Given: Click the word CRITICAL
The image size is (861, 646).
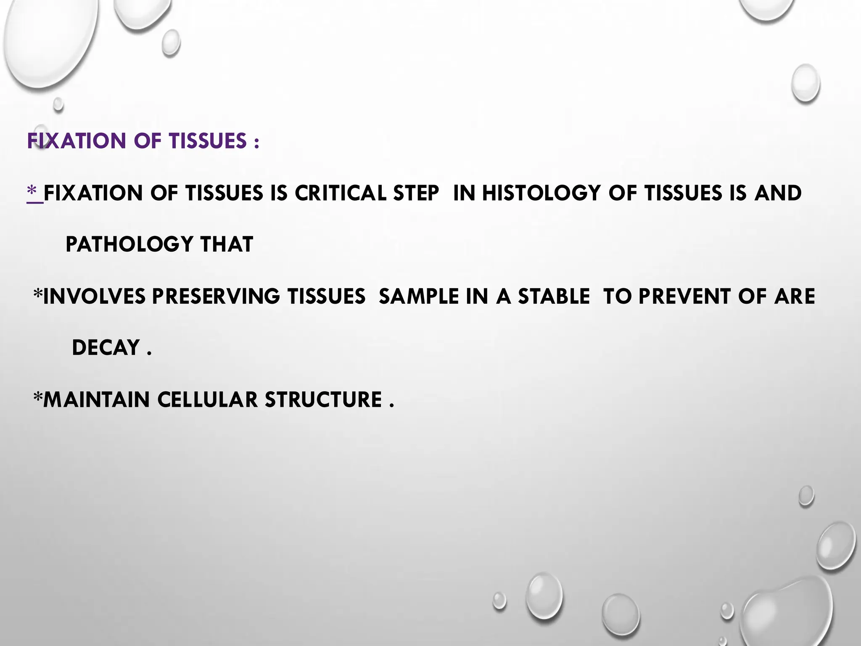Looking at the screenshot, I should pos(340,193).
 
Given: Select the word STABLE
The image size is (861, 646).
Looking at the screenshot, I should pos(554,297).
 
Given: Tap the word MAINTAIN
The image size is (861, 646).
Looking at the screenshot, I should pos(96,400).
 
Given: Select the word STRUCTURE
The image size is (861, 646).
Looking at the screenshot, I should pos(323,400).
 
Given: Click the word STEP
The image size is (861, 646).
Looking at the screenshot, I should pos(416,193).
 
